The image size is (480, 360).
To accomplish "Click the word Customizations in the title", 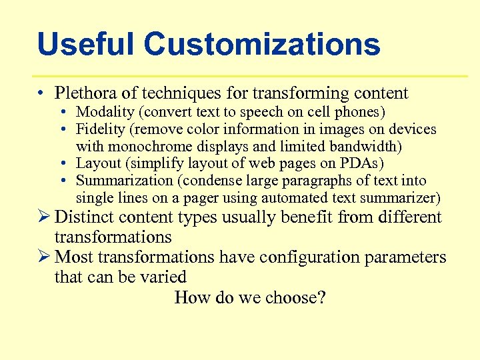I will pyautogui.click(x=262, y=45).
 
